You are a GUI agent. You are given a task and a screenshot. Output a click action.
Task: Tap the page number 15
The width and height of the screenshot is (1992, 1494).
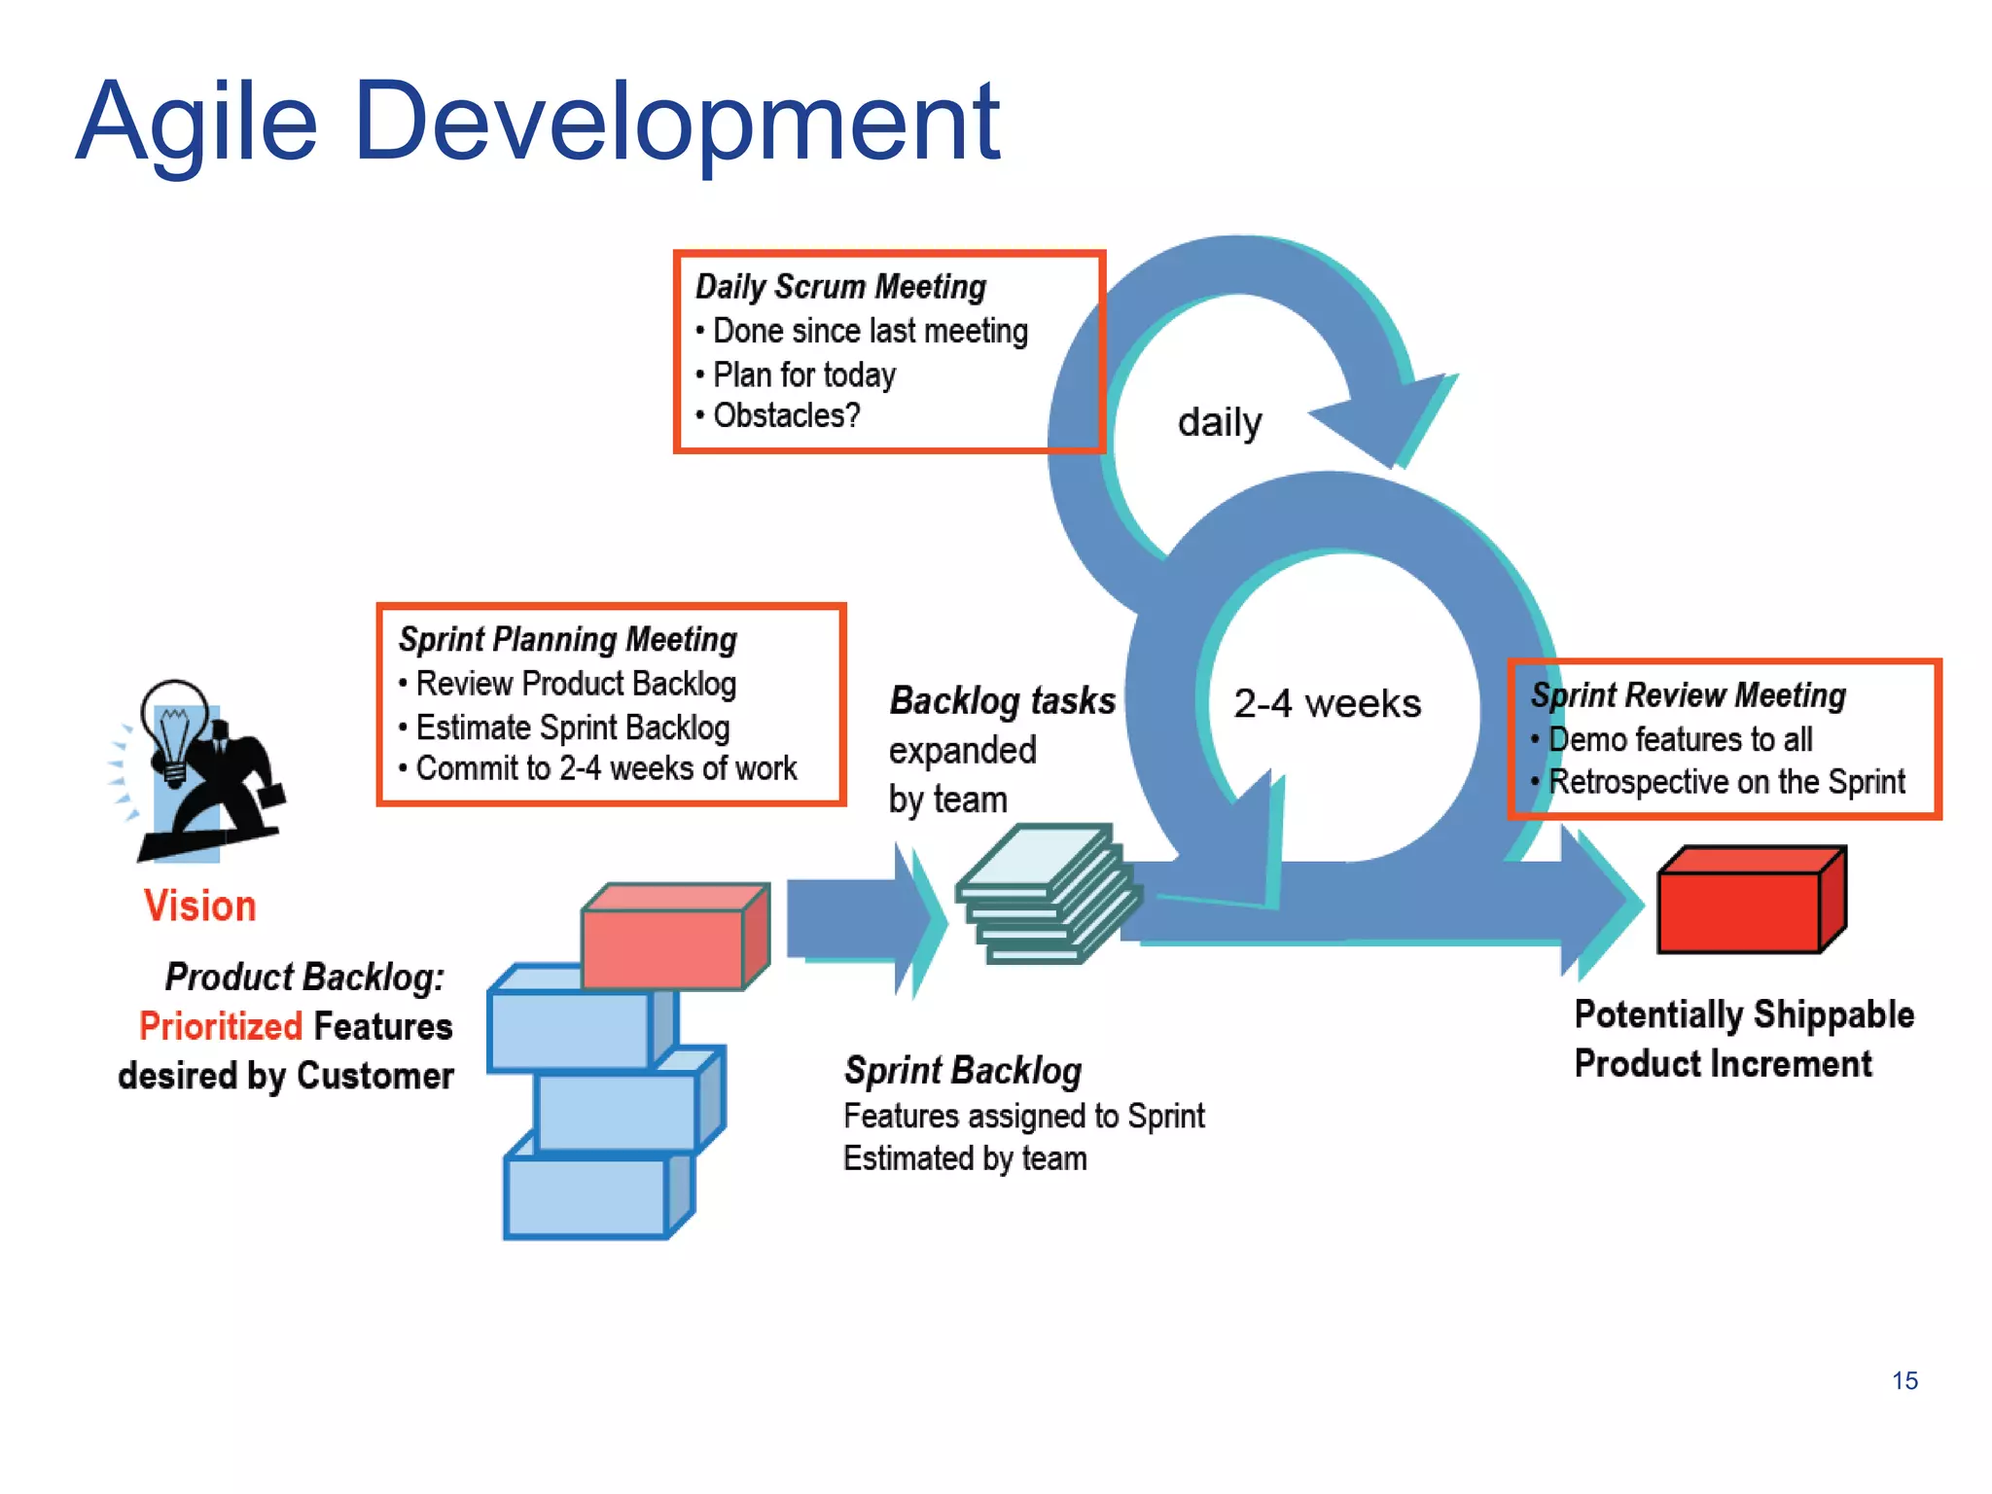point(1904,1380)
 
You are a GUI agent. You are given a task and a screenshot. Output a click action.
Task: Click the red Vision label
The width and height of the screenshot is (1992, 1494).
point(200,907)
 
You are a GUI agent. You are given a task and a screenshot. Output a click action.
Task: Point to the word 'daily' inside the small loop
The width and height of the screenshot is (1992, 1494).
point(1220,423)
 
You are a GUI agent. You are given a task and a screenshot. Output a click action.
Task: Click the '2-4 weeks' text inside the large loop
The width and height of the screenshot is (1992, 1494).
point(1327,703)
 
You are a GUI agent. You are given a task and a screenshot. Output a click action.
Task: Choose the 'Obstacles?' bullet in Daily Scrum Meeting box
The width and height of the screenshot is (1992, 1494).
point(786,416)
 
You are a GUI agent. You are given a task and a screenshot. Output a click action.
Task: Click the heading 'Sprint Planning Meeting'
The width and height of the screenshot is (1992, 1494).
point(568,640)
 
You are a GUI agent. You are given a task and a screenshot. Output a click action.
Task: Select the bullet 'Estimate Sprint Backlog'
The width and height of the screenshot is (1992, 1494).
point(572,728)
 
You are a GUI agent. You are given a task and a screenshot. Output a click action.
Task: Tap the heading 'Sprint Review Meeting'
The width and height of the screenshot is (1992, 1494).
point(1689,695)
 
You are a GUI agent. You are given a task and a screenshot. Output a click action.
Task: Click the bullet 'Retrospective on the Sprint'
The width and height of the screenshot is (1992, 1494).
point(1725,782)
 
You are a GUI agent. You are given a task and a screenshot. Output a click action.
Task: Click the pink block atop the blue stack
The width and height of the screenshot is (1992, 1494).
point(671,940)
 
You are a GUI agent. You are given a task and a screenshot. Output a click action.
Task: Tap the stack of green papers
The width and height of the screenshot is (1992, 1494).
point(1046,895)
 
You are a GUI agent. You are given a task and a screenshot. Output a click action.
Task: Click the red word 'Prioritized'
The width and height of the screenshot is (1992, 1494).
point(221,1027)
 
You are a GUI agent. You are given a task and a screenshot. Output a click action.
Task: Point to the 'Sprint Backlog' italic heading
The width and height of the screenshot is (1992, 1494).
point(963,1071)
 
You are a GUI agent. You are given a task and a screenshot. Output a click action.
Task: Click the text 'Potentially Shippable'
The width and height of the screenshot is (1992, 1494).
point(1744,1015)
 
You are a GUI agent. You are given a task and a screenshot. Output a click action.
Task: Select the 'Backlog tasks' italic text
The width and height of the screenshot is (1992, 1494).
point(1002,701)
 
